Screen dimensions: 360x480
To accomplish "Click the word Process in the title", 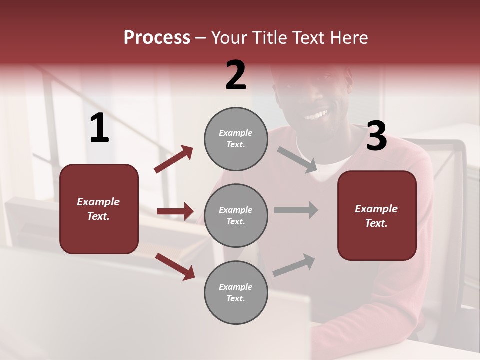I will [x=157, y=37].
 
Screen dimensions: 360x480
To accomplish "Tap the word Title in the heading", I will [x=268, y=37].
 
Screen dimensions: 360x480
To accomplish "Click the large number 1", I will [x=99, y=128].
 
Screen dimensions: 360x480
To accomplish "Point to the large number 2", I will [x=236, y=75].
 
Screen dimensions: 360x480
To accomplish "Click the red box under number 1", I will [x=99, y=209].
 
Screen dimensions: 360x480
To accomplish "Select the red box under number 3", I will [x=377, y=215].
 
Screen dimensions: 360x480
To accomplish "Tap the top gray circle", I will [x=236, y=139].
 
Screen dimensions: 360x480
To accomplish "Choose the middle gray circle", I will [x=236, y=215].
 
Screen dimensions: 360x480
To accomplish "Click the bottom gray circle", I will [x=236, y=292].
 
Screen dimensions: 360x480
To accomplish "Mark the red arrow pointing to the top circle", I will [x=174, y=159].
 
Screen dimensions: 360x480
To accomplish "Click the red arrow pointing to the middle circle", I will [x=175, y=211].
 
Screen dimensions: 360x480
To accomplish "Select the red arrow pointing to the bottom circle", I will [x=175, y=266].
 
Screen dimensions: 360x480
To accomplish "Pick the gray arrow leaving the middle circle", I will [x=296, y=210].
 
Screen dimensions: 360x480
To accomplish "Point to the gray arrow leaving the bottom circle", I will [x=294, y=265].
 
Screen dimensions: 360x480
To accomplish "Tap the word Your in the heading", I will [x=230, y=37].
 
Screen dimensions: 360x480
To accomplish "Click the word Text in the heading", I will [x=308, y=37].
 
